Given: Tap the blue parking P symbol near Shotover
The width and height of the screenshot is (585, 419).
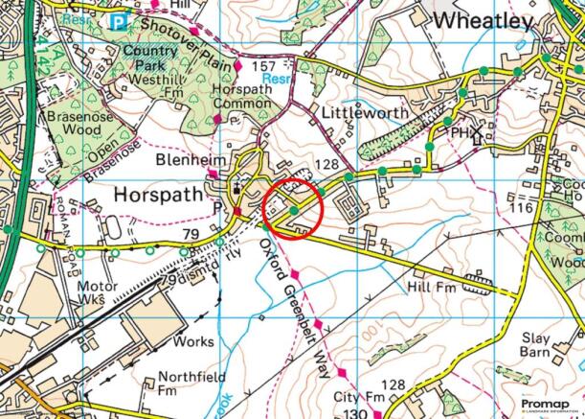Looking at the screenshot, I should [x=118, y=21].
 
